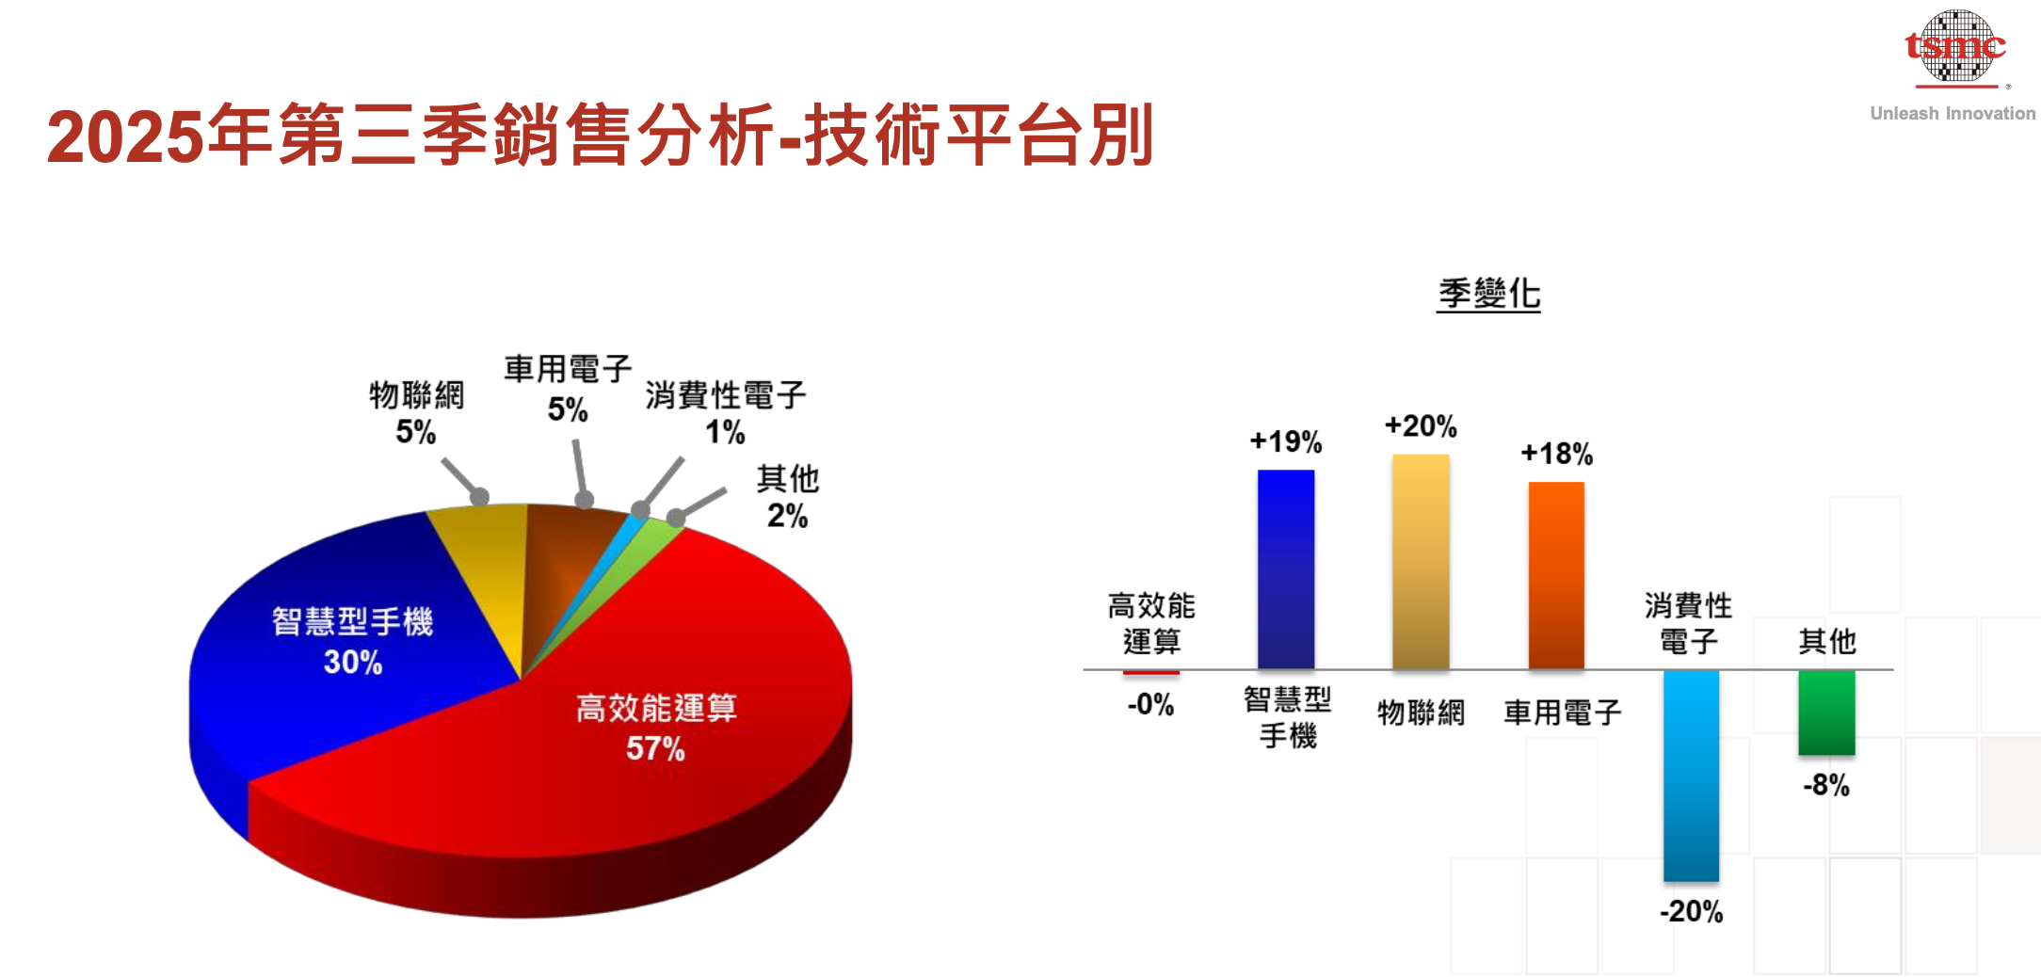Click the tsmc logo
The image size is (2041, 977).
point(1954,47)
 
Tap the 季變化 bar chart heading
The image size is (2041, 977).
point(1488,294)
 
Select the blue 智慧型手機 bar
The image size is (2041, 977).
point(1286,569)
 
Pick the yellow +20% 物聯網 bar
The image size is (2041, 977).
point(1421,562)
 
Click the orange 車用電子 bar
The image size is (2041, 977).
point(1556,575)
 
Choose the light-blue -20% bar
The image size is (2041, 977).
point(1691,776)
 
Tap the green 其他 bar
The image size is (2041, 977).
point(1826,713)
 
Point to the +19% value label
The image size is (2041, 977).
point(1286,441)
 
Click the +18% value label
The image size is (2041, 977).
point(1556,454)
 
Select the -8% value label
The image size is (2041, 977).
point(1826,785)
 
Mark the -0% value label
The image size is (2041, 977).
point(1150,704)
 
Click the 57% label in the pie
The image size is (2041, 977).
point(655,749)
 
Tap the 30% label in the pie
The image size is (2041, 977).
point(353,663)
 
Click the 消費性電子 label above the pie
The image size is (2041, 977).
point(725,395)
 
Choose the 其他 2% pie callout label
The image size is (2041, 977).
point(788,497)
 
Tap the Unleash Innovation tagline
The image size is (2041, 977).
point(1953,114)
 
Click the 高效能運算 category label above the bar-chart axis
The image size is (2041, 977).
point(1151,623)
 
